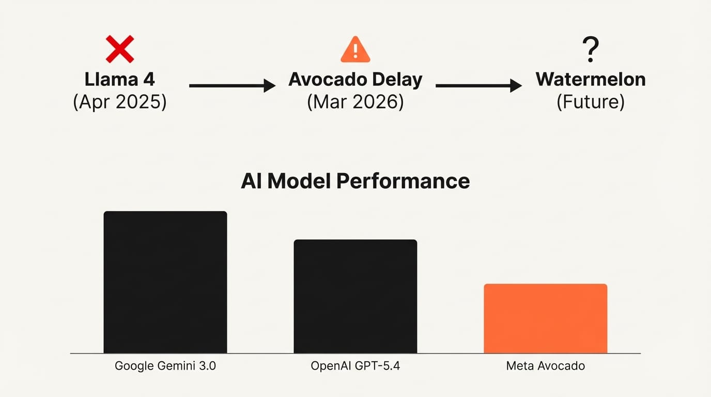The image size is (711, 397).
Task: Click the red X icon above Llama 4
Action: (x=120, y=49)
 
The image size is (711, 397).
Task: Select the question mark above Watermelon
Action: (x=590, y=50)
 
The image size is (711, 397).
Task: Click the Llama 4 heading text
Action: (x=120, y=80)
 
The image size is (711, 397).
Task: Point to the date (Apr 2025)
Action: (x=120, y=102)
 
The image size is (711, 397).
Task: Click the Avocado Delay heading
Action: (x=355, y=80)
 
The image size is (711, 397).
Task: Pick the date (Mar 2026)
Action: (x=355, y=102)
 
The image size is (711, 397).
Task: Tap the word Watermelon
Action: (x=591, y=80)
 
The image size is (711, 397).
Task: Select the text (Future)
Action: (x=591, y=102)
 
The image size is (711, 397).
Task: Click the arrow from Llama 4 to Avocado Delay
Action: (x=232, y=86)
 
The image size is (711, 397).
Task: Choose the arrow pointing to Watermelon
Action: (x=478, y=86)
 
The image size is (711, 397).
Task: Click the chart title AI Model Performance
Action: (x=355, y=181)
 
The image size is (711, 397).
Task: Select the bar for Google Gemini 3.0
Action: (x=165, y=282)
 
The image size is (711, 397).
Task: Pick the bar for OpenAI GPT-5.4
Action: (x=355, y=296)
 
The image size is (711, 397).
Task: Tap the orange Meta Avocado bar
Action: (x=546, y=318)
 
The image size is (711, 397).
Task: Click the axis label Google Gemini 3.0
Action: (x=165, y=367)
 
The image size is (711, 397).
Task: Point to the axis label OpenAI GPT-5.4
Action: (x=355, y=367)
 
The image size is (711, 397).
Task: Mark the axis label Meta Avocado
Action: (x=546, y=367)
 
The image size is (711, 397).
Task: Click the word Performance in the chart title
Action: (x=403, y=181)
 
